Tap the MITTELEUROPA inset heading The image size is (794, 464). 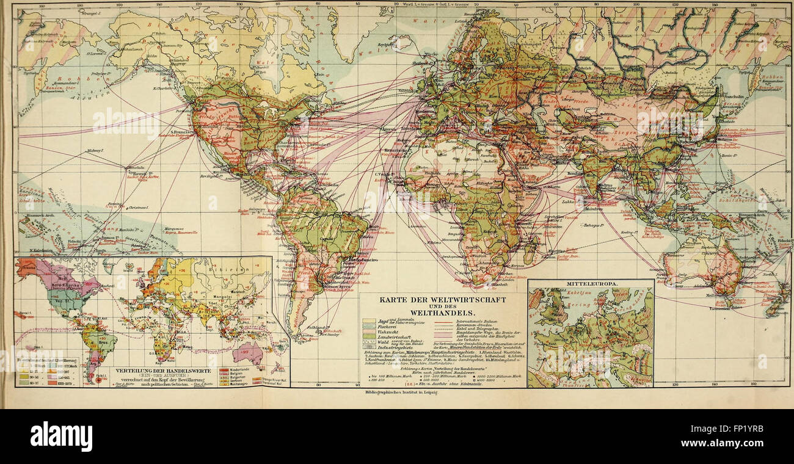click(589, 285)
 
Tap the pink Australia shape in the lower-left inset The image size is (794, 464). click(251, 352)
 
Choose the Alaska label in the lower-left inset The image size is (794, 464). click(27, 266)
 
